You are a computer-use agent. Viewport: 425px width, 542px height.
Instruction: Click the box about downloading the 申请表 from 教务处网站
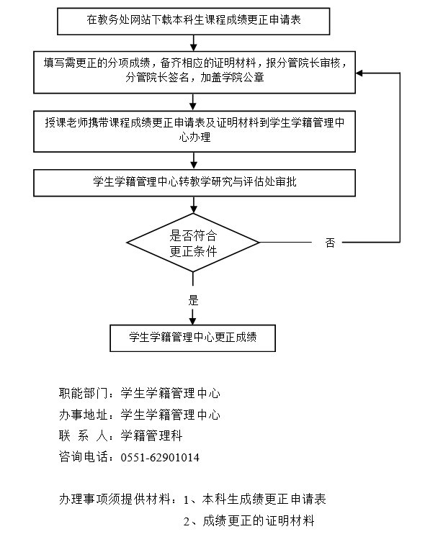[x=193, y=22]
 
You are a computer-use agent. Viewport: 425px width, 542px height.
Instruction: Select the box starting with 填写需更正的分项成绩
[x=194, y=72]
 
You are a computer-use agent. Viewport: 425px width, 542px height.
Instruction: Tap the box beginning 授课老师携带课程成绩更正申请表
[x=194, y=131]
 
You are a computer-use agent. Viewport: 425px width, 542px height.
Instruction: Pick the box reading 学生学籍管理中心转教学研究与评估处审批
[x=194, y=183]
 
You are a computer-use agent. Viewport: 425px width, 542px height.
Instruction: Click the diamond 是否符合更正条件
[x=193, y=243]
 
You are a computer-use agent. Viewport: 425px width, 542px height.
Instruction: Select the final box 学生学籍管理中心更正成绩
[x=192, y=338]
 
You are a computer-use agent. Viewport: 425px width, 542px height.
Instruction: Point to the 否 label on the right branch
[x=330, y=243]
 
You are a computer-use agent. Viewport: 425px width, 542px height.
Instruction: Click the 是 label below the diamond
[x=193, y=300]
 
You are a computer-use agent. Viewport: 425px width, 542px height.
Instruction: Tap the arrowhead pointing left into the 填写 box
[x=359, y=73]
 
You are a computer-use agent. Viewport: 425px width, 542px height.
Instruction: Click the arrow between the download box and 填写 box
[x=193, y=43]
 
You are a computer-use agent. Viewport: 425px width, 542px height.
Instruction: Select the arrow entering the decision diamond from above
[x=193, y=205]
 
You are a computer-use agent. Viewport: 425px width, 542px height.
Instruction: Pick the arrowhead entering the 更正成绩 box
[x=192, y=322]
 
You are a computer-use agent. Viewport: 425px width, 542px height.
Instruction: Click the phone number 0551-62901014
[x=160, y=457]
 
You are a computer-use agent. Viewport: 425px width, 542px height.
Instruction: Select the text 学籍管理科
[x=151, y=436]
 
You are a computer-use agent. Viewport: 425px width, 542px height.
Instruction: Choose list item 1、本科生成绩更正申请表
[x=255, y=499]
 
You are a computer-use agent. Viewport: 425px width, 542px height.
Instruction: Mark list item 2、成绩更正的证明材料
[x=249, y=520]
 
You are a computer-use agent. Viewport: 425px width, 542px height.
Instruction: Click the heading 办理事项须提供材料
[x=115, y=499]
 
